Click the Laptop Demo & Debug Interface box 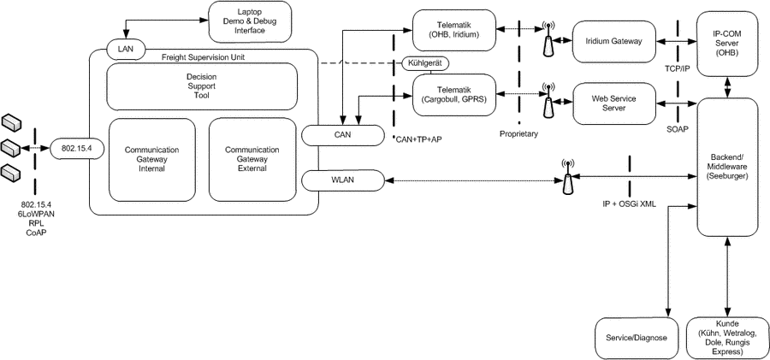[x=250, y=20]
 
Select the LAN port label [x=127, y=48]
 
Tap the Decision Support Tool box [x=201, y=86]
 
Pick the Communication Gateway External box [x=251, y=159]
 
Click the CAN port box [x=341, y=134]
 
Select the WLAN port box [x=341, y=180]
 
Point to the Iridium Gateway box [x=613, y=41]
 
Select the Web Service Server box [x=613, y=103]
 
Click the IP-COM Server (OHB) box [x=726, y=41]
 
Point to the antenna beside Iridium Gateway [x=548, y=41]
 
